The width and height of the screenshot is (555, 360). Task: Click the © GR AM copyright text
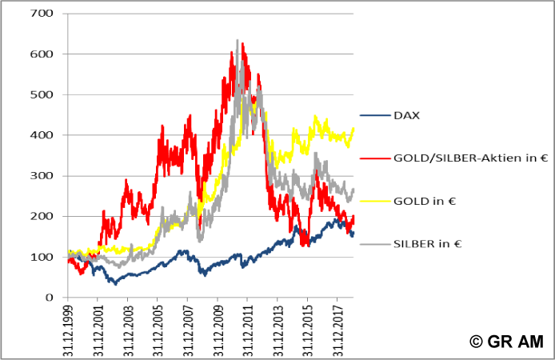point(507,342)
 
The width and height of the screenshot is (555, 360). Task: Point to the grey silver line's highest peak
point(238,41)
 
